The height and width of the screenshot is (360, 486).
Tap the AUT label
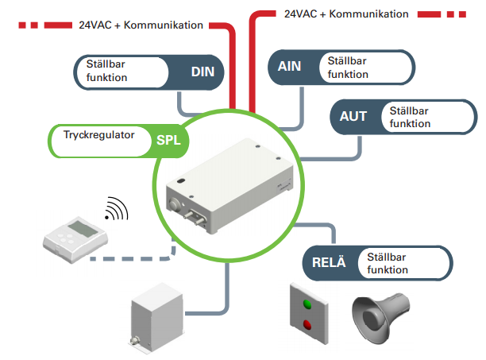click(x=353, y=116)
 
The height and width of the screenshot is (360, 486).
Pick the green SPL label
click(x=168, y=141)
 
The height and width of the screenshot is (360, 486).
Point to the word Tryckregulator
click(x=99, y=134)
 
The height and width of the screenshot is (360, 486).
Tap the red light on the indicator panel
click(x=307, y=323)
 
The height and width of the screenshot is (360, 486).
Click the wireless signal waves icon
click(x=117, y=210)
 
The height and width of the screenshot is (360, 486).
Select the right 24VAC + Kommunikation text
click(x=346, y=14)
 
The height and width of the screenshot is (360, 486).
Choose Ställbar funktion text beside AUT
click(x=407, y=117)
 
